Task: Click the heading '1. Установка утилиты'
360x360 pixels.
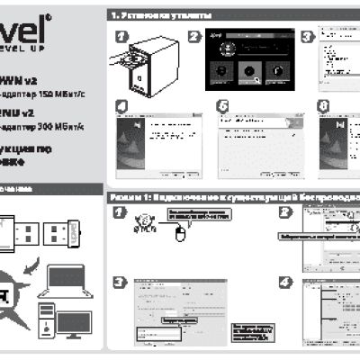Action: tap(162, 16)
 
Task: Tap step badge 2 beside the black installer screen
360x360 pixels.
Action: tap(194, 37)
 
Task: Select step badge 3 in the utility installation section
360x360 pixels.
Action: tap(308, 37)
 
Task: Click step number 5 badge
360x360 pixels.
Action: tap(223, 105)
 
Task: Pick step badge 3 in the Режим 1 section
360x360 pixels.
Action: tap(120, 282)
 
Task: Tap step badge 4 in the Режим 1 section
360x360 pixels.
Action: tap(285, 282)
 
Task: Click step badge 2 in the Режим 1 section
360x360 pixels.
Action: tap(285, 212)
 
